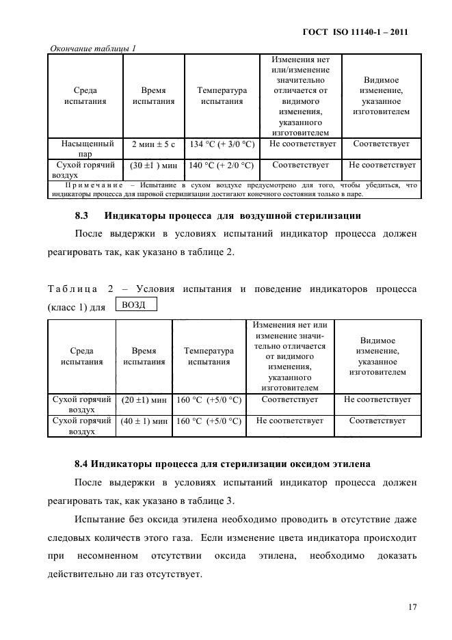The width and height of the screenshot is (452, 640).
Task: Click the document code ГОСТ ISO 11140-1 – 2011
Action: pos(360,32)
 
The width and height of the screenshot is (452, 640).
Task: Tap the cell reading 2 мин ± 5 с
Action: pos(153,144)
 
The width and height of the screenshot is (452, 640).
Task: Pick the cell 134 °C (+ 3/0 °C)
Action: pos(221,144)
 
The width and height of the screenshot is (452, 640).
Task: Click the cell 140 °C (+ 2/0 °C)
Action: pos(221,165)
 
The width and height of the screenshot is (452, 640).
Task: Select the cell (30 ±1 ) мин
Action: pos(153,165)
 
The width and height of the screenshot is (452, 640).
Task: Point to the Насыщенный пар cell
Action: pos(87,149)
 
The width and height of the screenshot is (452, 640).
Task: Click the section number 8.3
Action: pos(82,217)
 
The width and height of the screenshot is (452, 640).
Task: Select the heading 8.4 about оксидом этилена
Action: pos(222,464)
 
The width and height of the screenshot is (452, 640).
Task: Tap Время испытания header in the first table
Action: pos(153,96)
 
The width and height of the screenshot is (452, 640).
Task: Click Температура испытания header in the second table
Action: pos(209,357)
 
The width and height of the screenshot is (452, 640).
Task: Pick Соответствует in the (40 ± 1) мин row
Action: pos(377,421)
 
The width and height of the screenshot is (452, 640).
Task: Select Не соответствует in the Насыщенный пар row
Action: pos(301,144)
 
